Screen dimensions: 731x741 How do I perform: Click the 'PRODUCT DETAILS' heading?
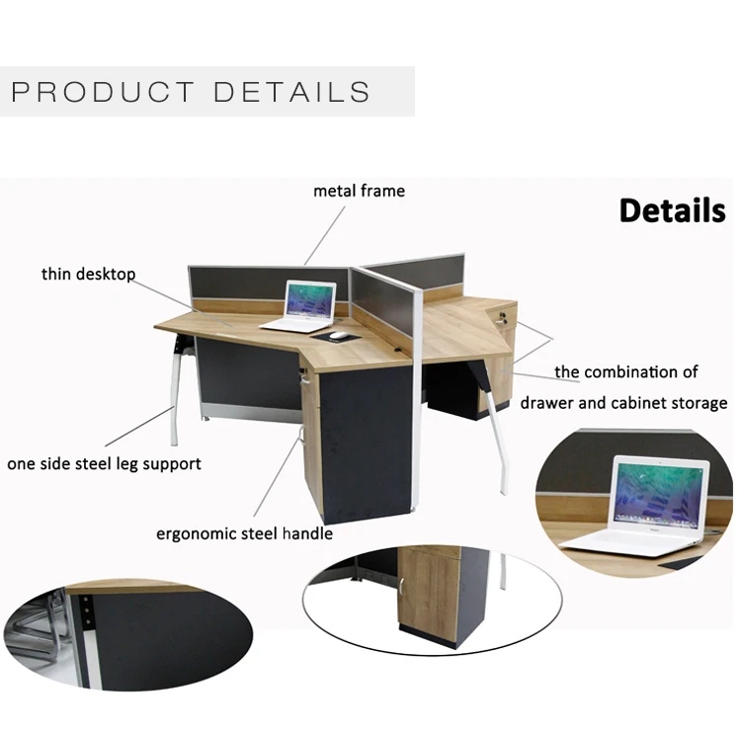pyautogui.click(x=191, y=93)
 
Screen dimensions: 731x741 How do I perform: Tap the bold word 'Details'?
pyautogui.click(x=672, y=210)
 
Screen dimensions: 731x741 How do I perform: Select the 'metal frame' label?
pyautogui.click(x=359, y=191)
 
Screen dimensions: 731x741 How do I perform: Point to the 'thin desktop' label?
pyautogui.click(x=88, y=274)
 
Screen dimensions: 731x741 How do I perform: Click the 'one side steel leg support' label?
pyautogui.click(x=105, y=463)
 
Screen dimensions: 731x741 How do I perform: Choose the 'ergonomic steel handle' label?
pyautogui.click(x=244, y=533)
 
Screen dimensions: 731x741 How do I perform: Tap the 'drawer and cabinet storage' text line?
pyautogui.click(x=623, y=402)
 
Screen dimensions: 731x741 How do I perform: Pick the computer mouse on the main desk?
pyautogui.click(x=339, y=336)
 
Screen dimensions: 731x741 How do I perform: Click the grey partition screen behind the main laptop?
pyautogui.click(x=237, y=286)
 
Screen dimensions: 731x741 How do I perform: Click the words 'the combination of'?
pyautogui.click(x=626, y=372)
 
